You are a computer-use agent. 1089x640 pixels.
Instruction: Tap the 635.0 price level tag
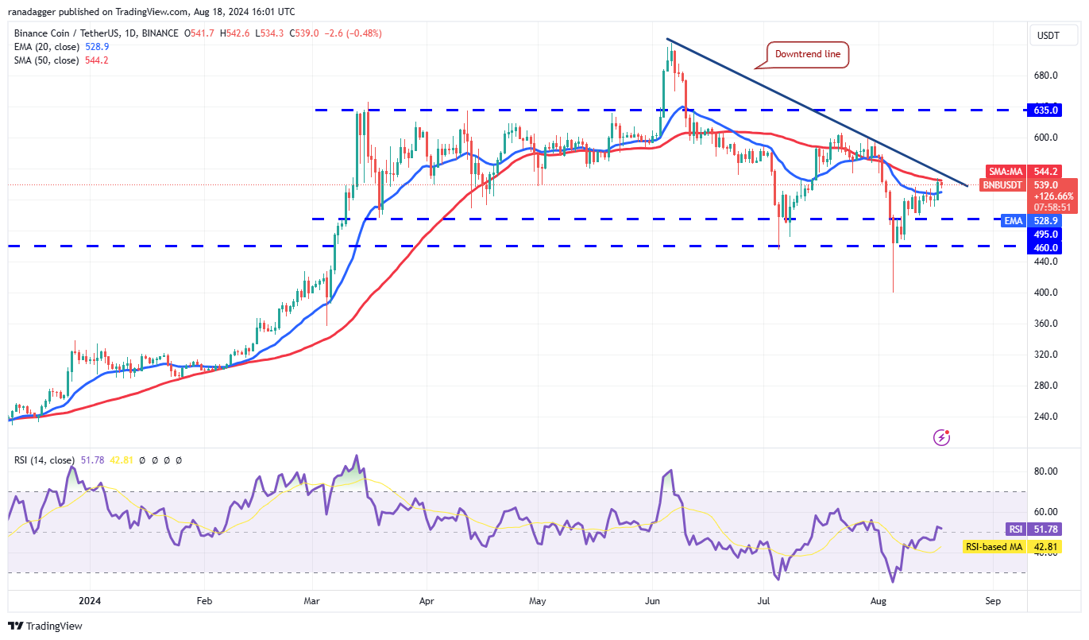pyautogui.click(x=1046, y=110)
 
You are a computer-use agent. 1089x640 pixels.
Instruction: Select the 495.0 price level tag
pyautogui.click(x=1046, y=234)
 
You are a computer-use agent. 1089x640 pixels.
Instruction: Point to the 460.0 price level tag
pyautogui.click(x=1046, y=247)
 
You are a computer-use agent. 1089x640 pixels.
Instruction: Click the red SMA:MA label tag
pyautogui.click(x=1006, y=171)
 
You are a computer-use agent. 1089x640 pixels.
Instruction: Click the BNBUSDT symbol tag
pyautogui.click(x=1003, y=184)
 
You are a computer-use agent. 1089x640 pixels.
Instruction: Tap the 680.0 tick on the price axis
pyautogui.click(x=1045, y=76)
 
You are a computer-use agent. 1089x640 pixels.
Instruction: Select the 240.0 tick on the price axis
pyautogui.click(x=1045, y=416)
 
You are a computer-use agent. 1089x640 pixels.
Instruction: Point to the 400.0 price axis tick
pyautogui.click(x=1045, y=293)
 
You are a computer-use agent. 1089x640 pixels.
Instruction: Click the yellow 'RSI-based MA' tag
pyautogui.click(x=993, y=546)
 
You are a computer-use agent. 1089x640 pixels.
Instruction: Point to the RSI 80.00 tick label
pyautogui.click(x=1045, y=471)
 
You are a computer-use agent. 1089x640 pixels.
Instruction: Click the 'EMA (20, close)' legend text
pyautogui.click(x=47, y=47)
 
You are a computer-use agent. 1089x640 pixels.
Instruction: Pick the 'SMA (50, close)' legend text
pyautogui.click(x=47, y=60)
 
